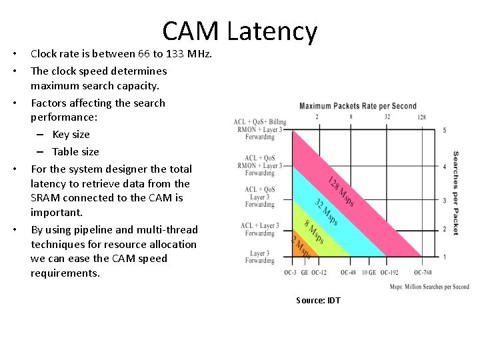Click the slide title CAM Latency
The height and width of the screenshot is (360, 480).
pyautogui.click(x=239, y=31)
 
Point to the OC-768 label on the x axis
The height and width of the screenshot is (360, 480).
pyautogui.click(x=423, y=273)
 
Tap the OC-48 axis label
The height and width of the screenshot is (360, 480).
pyautogui.click(x=347, y=273)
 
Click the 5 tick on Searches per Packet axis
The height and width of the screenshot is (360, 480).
pyautogui.click(x=445, y=130)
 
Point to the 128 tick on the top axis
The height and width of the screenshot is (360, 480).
pyautogui.click(x=421, y=117)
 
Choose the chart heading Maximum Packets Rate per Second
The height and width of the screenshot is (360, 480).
pyautogui.click(x=358, y=106)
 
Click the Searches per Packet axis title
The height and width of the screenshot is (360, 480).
pyautogui.click(x=456, y=193)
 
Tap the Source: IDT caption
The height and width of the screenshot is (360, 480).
pyautogui.click(x=318, y=300)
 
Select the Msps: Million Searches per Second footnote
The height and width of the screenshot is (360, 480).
pyautogui.click(x=429, y=287)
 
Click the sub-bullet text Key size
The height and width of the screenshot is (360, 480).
pyautogui.click(x=71, y=134)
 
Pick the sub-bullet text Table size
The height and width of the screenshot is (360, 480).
pyautogui.click(x=75, y=151)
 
